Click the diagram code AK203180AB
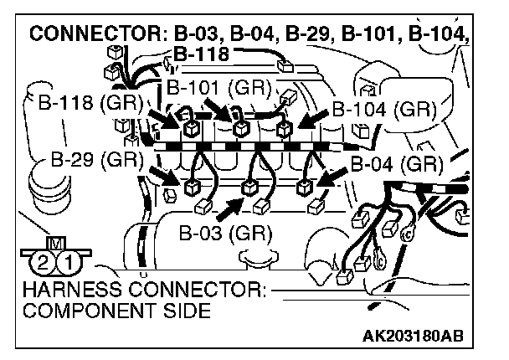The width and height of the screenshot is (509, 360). click(x=412, y=337)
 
